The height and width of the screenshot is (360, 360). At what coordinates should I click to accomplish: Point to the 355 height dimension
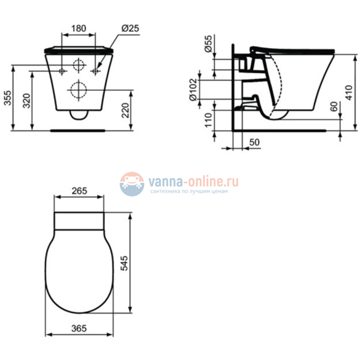click(x=7, y=98)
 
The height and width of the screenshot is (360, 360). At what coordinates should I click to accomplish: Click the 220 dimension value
click(x=127, y=111)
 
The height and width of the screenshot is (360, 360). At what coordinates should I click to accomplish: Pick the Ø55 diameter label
click(x=208, y=44)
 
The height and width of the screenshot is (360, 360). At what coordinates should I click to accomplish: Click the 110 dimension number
click(x=208, y=120)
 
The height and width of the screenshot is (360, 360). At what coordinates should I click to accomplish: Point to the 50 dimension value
click(x=254, y=142)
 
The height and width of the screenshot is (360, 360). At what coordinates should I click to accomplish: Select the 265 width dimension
click(x=79, y=191)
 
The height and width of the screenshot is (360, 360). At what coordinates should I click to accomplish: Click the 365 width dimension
click(x=79, y=328)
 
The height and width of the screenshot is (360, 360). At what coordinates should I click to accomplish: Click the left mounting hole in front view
click(x=61, y=71)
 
